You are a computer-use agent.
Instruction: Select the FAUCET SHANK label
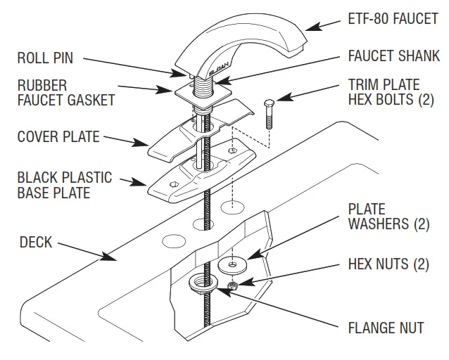coord(393,56)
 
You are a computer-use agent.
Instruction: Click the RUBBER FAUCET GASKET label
coord(65,93)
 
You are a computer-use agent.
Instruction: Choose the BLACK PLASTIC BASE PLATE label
coord(63,183)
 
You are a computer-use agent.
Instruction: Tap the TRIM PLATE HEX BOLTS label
coord(391,92)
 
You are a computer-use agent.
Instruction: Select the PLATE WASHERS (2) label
coord(377,217)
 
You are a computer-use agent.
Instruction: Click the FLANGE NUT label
coord(385,328)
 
